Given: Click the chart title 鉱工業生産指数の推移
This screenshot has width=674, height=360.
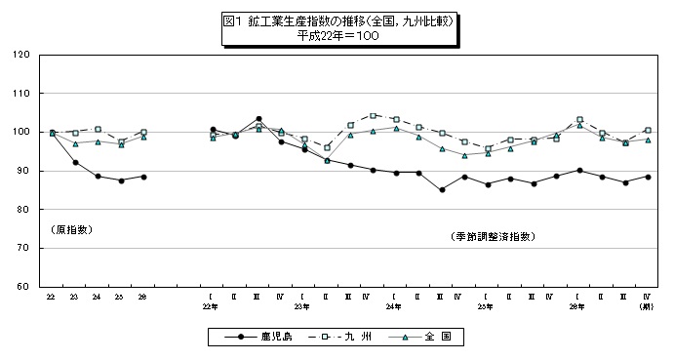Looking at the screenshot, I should pos(336,20).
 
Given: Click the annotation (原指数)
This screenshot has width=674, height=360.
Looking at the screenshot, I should pos(71,229).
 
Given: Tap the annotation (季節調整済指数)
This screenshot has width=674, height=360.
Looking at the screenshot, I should pos(494,236).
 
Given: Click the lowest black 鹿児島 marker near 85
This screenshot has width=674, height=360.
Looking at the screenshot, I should pos(442,189).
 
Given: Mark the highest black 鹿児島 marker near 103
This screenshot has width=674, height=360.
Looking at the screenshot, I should pos(258,119).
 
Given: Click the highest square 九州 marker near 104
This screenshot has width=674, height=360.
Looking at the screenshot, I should pos(373,115).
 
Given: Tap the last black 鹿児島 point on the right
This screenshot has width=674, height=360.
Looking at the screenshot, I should pos(648,177).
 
